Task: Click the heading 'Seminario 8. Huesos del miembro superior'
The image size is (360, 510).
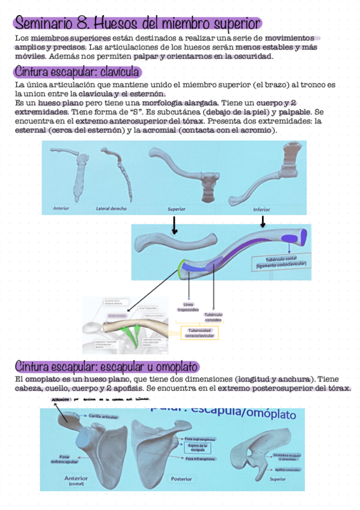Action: pyautogui.click(x=137, y=23)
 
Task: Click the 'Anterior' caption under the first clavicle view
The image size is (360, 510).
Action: pyautogui.click(x=62, y=209)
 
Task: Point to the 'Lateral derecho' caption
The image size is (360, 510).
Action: pyautogui.click(x=111, y=209)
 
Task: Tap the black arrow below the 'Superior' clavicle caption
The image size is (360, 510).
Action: pyautogui.click(x=174, y=226)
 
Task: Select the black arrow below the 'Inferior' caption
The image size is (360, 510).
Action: pyautogui.click(x=262, y=223)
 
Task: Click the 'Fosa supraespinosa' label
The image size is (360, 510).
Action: pyautogui.click(x=198, y=438)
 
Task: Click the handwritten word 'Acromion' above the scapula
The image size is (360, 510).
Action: pyautogui.click(x=60, y=399)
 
